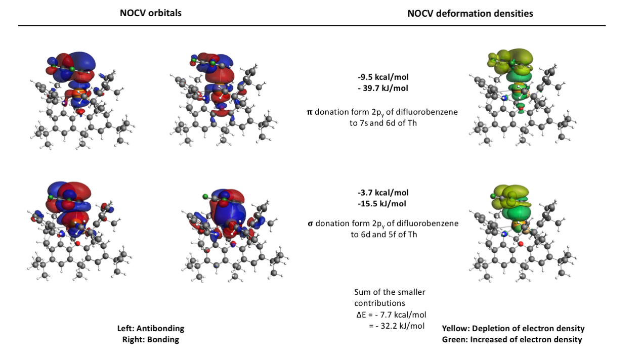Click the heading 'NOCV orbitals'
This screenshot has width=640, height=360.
pyautogui.click(x=151, y=13)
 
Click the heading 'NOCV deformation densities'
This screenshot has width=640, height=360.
pyautogui.click(x=470, y=14)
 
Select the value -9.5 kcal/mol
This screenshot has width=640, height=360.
pyautogui.click(x=383, y=77)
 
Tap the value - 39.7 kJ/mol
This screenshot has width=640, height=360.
pyautogui.click(x=383, y=88)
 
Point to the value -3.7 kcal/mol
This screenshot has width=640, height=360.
pyautogui.click(x=383, y=193)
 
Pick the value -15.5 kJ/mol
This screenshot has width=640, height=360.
pyautogui.click(x=381, y=204)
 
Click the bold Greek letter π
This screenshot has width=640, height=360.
pyautogui.click(x=310, y=112)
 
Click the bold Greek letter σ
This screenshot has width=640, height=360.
pyautogui.click(x=310, y=223)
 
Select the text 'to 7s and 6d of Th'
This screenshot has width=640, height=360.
pyautogui.click(x=383, y=123)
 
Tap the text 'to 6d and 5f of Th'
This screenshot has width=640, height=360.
pyautogui.click(x=384, y=235)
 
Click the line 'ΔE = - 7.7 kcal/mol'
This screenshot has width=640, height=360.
pyautogui.click(x=391, y=314)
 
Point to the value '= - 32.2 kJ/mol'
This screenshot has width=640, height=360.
pyautogui.click(x=397, y=326)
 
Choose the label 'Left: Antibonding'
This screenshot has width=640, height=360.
pyautogui.click(x=151, y=328)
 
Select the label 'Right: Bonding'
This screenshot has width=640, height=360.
pyautogui.click(x=151, y=339)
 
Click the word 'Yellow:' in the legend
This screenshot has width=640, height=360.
pyautogui.click(x=456, y=328)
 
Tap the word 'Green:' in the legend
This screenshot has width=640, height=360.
pyautogui.click(x=454, y=339)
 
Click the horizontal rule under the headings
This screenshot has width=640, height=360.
pyautogui.click(x=312, y=26)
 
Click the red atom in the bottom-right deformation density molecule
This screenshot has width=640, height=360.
pyautogui.click(x=521, y=244)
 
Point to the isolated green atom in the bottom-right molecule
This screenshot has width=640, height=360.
pyautogui.click(x=493, y=196)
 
